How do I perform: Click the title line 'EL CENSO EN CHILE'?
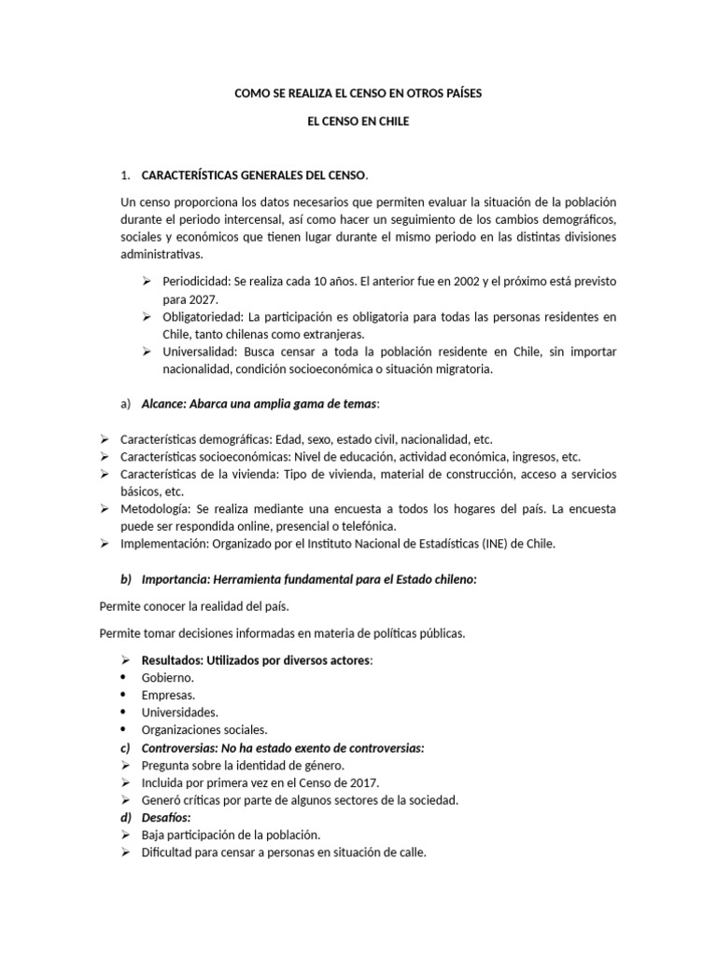[x=358, y=122]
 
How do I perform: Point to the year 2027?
[x=201, y=298]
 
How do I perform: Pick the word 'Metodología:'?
[x=154, y=509]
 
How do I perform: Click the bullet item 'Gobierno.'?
[x=168, y=677]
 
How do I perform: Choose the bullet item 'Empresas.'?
[x=168, y=695]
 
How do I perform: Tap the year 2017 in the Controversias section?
[x=358, y=782]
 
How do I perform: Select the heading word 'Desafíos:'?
[x=166, y=817]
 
